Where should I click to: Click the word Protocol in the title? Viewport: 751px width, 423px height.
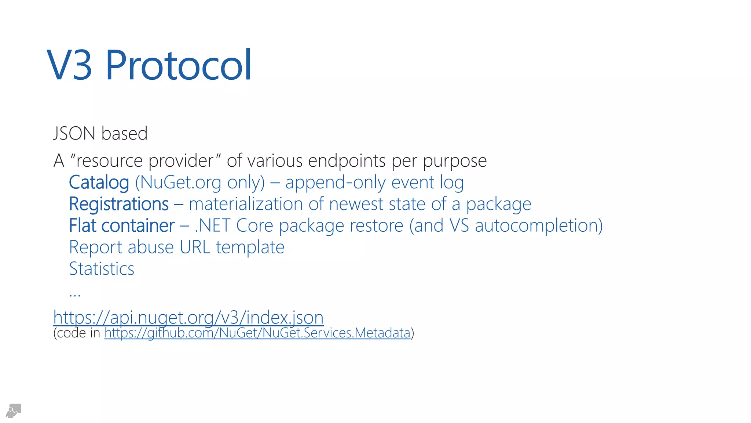[179, 65]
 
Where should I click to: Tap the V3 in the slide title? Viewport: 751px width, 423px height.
[70, 65]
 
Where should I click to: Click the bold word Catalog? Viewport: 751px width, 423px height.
[99, 182]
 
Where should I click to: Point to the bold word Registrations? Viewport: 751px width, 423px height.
[119, 204]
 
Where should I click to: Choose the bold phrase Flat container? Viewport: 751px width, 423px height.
[122, 225]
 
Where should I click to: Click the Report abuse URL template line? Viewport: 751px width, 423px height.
[177, 247]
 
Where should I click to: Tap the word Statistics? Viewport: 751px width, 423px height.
[102, 269]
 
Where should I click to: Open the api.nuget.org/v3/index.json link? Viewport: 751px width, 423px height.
[188, 317]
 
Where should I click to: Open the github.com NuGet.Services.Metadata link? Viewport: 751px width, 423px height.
[257, 333]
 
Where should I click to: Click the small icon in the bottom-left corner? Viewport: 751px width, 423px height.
[14, 411]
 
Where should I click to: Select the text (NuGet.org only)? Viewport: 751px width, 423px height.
[200, 182]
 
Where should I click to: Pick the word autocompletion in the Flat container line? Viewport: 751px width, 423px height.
[539, 225]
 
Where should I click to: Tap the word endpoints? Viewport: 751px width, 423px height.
[347, 161]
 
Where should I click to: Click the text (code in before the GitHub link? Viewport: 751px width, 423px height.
[77, 333]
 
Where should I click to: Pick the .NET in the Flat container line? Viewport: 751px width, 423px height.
[212, 225]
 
